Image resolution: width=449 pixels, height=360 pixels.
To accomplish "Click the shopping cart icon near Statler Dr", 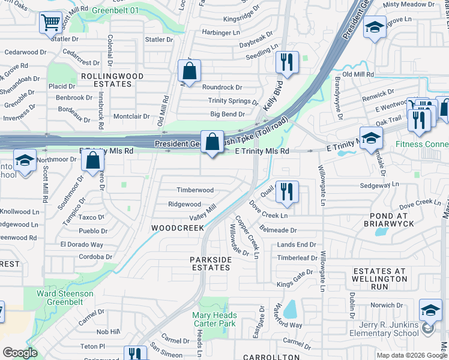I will tap(51, 23).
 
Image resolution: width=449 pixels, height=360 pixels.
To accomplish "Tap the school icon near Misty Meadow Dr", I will tap(375, 28).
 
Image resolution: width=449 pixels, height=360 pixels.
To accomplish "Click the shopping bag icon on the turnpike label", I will tap(212, 142).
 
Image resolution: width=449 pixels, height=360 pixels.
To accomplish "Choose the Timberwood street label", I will tap(194, 190).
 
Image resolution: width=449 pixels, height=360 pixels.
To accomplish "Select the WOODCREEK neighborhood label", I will tap(178, 228).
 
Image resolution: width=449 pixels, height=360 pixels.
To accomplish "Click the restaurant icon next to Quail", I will tap(287, 191).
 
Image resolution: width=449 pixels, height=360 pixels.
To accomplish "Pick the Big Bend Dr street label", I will tap(227, 114).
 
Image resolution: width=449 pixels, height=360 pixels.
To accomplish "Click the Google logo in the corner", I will tap(20, 353).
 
